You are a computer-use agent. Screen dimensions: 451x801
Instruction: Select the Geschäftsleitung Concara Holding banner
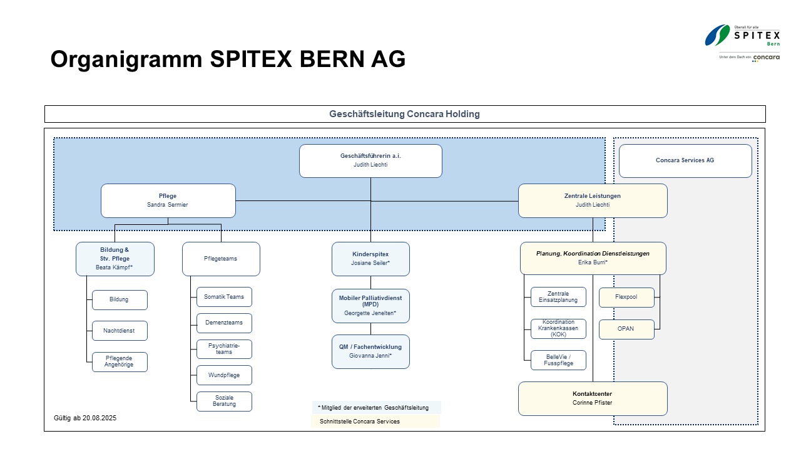(405, 114)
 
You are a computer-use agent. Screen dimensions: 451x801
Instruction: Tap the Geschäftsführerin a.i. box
(370, 161)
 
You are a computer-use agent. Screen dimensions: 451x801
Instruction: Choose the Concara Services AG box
(685, 160)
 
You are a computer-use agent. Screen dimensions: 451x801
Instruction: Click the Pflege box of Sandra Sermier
(168, 200)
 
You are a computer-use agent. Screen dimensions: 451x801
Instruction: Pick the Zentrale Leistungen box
(592, 200)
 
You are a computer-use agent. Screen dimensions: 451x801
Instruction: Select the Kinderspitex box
(370, 259)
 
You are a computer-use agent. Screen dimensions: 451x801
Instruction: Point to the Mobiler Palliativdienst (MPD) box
(370, 305)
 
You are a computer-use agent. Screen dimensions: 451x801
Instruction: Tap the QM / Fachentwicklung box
(370, 351)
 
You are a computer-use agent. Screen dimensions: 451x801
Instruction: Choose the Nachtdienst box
(120, 331)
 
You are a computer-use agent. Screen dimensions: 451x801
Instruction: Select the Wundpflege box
(224, 375)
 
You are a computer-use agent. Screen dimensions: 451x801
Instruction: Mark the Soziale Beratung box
(224, 401)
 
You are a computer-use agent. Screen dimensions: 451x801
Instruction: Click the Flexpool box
(626, 298)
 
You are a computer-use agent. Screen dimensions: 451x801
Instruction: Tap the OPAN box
(626, 329)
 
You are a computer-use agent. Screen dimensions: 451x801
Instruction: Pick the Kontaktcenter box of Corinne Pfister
(592, 398)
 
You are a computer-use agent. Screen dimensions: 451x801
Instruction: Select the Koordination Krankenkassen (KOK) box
(558, 329)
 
